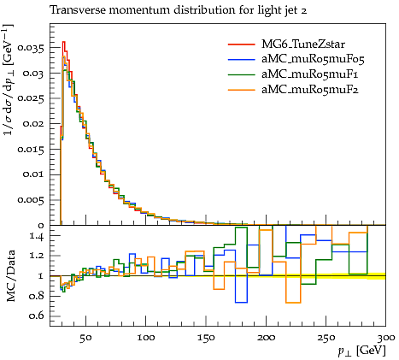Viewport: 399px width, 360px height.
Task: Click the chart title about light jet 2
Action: [179, 10]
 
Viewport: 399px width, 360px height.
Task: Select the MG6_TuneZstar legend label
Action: [303, 44]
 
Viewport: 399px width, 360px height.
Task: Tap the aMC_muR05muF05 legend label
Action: [313, 59]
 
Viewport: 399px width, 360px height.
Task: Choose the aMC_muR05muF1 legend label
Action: [310, 74]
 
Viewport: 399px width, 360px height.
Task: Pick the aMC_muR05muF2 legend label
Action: [310, 90]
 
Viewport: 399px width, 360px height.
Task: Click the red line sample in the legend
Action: [241, 44]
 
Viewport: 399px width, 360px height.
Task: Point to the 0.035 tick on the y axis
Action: [31, 48]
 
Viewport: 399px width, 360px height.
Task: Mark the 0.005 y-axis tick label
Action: [31, 200]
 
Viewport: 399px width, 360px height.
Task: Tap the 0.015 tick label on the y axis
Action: [31, 150]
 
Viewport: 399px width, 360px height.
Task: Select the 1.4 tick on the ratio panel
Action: [37, 237]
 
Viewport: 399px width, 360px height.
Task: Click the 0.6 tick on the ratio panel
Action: [37, 316]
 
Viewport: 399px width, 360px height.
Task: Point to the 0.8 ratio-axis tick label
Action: [37, 296]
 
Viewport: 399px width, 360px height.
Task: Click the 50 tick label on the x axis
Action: [85, 339]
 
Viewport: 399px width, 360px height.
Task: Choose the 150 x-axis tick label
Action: [206, 339]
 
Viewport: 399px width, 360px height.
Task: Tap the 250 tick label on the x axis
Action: [326, 339]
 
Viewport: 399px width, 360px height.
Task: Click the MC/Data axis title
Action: [10, 275]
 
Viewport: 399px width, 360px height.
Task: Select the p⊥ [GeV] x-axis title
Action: [361, 351]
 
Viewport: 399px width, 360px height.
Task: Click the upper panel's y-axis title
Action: [9, 80]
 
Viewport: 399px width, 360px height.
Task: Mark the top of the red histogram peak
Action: [64, 42]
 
